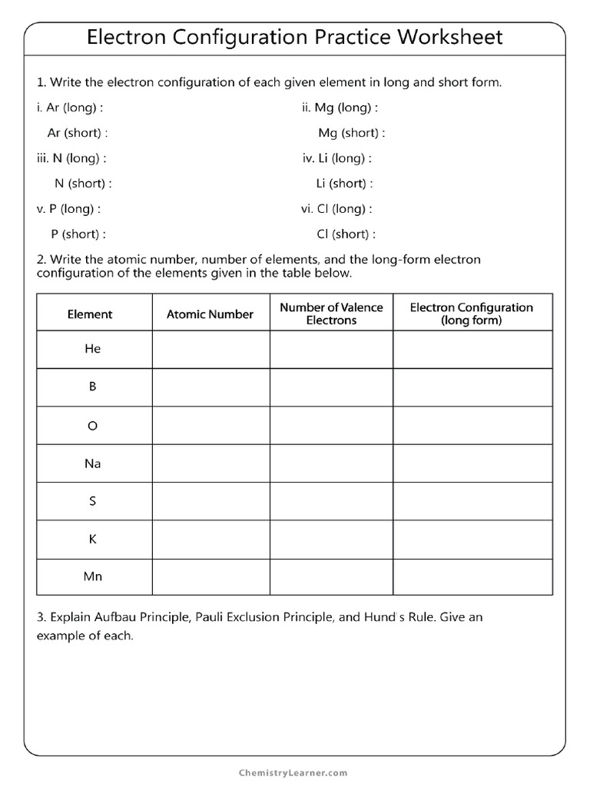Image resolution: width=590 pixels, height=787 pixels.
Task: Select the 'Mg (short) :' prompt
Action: [351, 133]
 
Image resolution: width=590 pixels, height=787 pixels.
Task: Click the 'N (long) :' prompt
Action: [70, 158]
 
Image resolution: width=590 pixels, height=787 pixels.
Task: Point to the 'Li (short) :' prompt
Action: [344, 184]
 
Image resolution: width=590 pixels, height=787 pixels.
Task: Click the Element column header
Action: [90, 314]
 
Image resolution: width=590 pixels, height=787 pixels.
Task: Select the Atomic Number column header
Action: [210, 314]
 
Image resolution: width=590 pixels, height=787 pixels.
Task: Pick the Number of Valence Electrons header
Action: [331, 314]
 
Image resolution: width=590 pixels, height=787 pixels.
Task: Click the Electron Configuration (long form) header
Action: [471, 314]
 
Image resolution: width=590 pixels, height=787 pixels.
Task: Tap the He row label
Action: [93, 349]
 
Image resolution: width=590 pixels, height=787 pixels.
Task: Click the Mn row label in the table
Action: [93, 576]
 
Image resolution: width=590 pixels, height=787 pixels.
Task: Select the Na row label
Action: [93, 463]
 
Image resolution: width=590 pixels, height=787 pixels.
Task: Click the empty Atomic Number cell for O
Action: [210, 426]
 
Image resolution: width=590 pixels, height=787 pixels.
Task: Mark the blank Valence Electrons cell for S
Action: [331, 501]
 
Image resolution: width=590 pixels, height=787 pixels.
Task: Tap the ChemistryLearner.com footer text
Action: [294, 772]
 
